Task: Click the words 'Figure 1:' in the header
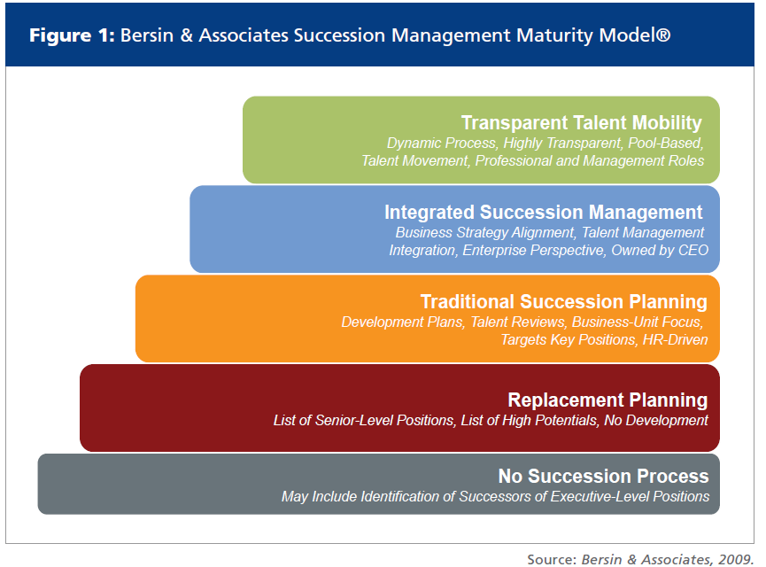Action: point(72,35)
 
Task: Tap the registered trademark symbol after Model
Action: point(663,35)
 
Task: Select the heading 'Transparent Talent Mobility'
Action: point(581,122)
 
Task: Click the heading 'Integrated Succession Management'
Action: point(543,212)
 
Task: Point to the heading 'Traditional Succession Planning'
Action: point(564,301)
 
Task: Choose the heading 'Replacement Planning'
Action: point(607,400)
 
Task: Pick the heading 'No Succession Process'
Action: point(603,476)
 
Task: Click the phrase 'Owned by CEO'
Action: point(660,250)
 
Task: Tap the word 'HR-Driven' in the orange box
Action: point(675,339)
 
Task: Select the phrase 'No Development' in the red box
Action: point(656,420)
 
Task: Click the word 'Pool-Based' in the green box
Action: point(665,144)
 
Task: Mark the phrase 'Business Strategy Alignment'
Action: point(484,233)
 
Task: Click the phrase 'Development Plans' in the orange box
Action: point(402,322)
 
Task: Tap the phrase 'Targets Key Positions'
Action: point(569,339)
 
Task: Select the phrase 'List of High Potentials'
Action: point(529,420)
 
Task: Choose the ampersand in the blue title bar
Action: point(186,35)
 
